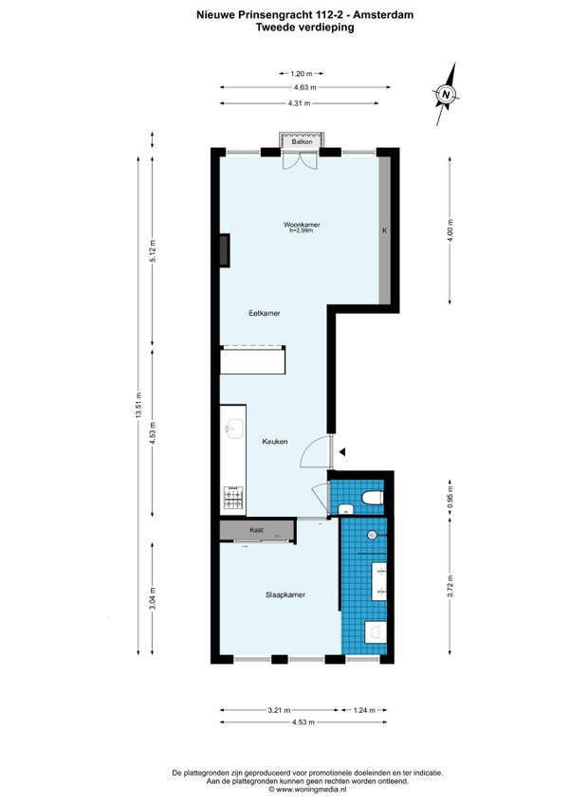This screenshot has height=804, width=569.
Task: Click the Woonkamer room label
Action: pos(302,225)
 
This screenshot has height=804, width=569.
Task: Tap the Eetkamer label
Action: pos(265,313)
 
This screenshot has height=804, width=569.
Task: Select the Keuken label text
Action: pos(274,441)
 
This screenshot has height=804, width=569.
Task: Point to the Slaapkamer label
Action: pos(285,594)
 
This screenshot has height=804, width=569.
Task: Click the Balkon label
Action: pos(302,141)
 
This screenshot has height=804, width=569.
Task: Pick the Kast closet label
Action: pos(257,530)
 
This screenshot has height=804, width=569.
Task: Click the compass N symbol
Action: pos(447,95)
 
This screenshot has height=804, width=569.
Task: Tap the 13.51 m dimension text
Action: pos(138,406)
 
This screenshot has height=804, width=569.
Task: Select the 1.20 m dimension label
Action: pos(302,74)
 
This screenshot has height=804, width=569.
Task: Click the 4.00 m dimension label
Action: pos(450,230)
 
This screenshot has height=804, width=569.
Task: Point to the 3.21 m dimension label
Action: pos(279,710)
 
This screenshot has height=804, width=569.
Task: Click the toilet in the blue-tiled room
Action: pos(372,498)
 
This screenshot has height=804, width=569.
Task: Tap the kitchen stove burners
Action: pos(233,498)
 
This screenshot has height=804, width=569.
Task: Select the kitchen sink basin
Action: pos(234,429)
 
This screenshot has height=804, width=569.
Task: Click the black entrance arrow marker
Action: pos(342,451)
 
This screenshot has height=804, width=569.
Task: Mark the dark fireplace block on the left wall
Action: pos(225,250)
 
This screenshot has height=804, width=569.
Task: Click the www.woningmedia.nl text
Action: pos(311,789)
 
